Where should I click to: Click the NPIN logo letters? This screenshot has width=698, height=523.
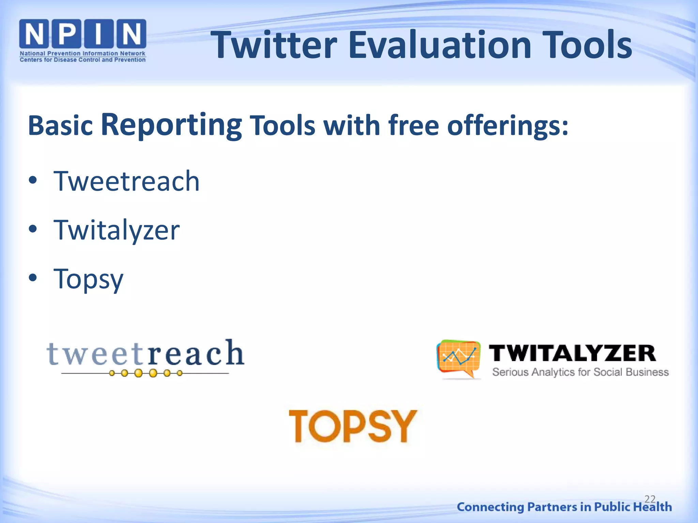(x=82, y=34)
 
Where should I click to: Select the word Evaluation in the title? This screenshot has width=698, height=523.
(x=439, y=45)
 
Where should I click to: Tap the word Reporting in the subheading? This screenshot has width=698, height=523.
(x=171, y=125)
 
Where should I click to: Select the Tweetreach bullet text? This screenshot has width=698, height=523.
(x=126, y=181)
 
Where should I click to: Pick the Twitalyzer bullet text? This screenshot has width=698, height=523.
(x=117, y=230)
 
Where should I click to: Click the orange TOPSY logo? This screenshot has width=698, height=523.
(x=353, y=426)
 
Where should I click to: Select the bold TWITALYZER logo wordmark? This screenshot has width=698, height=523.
(x=572, y=353)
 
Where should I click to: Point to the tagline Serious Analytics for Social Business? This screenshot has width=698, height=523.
(x=580, y=372)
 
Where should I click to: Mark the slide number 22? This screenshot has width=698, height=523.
(x=650, y=499)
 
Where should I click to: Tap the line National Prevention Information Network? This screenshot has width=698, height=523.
(x=82, y=53)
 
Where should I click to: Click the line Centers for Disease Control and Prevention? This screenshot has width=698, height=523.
(x=82, y=60)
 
